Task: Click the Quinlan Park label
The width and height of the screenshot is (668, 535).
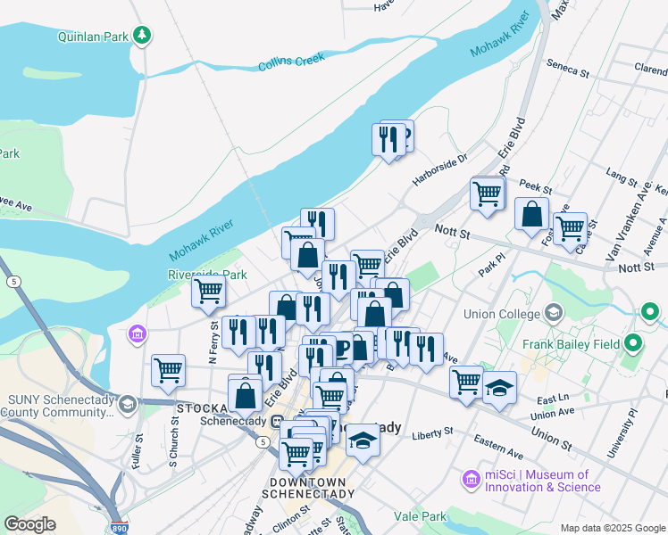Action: coord(94,37)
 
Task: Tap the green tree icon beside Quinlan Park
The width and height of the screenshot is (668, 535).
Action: coord(141,36)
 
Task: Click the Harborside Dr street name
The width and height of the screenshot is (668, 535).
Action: coord(440,169)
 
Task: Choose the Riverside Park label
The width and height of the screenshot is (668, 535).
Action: coord(207,275)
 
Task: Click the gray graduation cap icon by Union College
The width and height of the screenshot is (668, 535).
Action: coord(554,313)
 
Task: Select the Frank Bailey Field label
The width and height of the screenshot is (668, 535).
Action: coord(578,342)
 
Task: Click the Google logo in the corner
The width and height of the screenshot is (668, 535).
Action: coord(29,524)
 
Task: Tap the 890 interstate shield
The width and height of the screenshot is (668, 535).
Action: coord(120,528)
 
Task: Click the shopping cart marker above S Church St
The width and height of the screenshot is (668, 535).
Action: coord(168,370)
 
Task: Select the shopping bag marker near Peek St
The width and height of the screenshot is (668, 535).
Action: coord(531,214)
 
